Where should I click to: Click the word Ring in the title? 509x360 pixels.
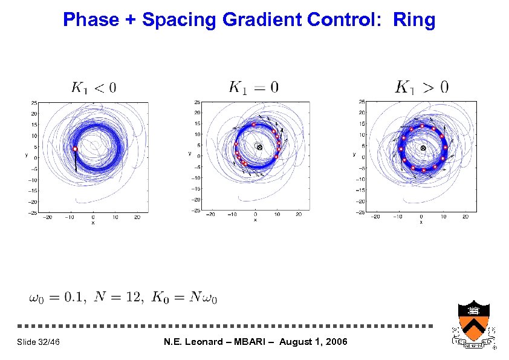coord(413,20)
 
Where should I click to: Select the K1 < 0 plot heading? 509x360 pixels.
coord(93,88)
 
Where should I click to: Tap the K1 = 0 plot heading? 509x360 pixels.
coord(253,87)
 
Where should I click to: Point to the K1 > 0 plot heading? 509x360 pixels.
coord(421,87)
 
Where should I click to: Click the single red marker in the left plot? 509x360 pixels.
coord(75,149)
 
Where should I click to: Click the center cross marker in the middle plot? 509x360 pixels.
coord(259,147)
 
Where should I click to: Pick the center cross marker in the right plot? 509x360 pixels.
coord(423,148)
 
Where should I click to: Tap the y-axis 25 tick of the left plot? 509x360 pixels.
coord(35,102)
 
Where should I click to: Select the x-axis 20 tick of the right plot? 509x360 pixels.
coord(465,216)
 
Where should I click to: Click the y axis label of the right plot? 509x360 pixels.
coord(354,154)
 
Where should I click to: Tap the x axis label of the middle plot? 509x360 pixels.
coord(255,220)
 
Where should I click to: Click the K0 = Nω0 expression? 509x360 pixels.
coord(184,297)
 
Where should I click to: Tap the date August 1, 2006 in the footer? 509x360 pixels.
coord(312,342)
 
